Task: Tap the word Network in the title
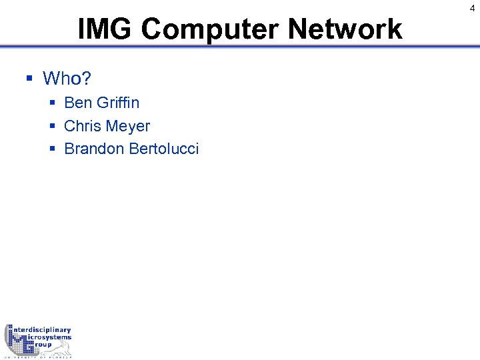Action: [345, 29]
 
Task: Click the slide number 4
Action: [472, 8]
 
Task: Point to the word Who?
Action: [67, 79]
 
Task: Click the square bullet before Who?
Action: [29, 79]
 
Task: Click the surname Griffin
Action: [118, 103]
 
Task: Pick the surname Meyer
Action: [129, 127]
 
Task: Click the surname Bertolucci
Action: [163, 149]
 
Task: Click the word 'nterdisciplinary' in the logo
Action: [43, 330]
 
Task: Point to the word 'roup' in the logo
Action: [41, 345]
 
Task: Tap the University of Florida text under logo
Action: [38, 357]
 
